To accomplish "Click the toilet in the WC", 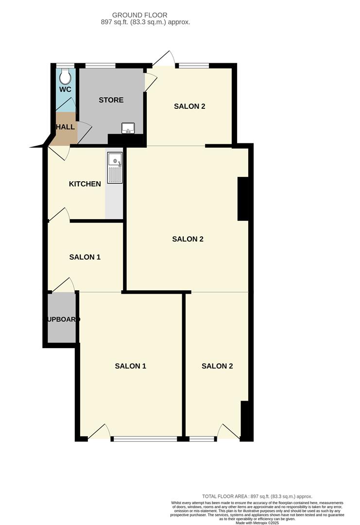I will pos(65,76).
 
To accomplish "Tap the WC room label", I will pos(65,90).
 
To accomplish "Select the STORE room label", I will pos(111,100).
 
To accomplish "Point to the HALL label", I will pos(66,127).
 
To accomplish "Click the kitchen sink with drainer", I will pos(115,168).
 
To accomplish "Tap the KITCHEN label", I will pos(85,184).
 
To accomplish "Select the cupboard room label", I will pos(63,319).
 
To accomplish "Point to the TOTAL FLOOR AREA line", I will pos(257,496).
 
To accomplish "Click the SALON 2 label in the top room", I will pos(189,106).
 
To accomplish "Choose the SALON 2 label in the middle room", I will pos(188,239).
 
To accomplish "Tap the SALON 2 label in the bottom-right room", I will pos(217,366).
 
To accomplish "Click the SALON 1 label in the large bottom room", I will pos(130,366).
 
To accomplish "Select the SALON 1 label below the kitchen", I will pos(85,257).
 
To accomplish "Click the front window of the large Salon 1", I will pos(144,439).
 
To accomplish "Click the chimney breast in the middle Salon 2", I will pos(243,199).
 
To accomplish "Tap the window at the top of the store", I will pos(101,65).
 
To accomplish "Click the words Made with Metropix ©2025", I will pos(257,523).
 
